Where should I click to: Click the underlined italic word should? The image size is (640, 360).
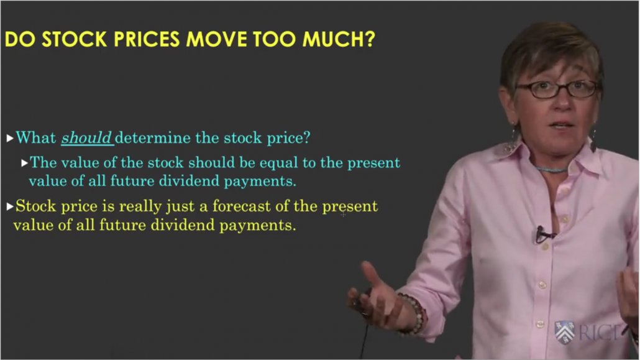[86, 137]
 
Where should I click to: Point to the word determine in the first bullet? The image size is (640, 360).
[153, 137]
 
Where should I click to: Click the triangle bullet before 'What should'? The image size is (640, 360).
[10, 138]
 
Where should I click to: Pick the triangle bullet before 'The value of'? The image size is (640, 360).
[24, 163]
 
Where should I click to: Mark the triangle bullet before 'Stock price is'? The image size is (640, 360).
[10, 206]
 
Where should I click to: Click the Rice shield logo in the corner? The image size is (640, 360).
[565, 332]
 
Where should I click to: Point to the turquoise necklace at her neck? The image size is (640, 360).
[552, 168]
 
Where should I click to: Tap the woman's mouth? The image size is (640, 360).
[562, 125]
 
